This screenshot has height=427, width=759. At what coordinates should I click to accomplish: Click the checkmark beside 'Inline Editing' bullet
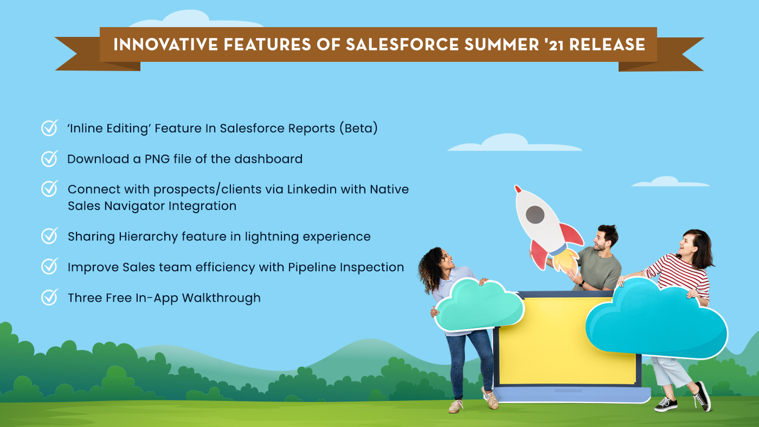click(50, 128)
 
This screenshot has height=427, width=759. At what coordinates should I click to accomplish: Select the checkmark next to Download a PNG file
click(50, 158)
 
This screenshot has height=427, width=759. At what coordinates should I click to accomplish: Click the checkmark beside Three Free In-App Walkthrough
click(50, 297)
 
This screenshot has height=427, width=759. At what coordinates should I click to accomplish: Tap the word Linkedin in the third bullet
click(314, 189)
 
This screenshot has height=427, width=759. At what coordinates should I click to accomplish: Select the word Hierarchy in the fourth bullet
click(148, 237)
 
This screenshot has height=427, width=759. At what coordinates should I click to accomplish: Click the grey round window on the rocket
click(535, 214)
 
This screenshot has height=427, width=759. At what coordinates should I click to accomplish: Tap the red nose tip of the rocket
click(518, 189)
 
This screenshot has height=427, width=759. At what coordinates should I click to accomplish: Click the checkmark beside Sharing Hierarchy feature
click(50, 237)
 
